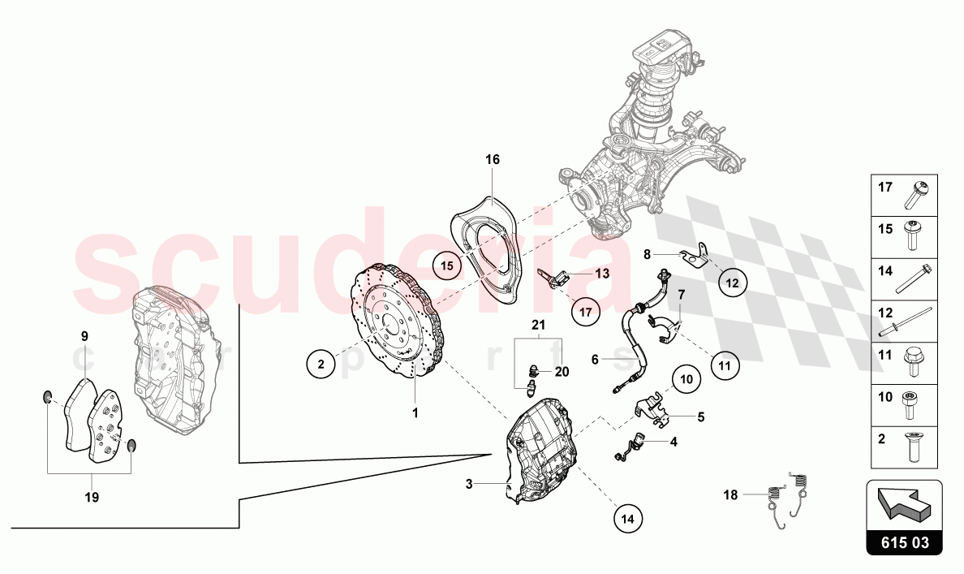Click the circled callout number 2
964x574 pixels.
pos(321,365)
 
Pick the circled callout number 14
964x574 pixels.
pos(627,517)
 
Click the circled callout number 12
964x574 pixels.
pos(732,283)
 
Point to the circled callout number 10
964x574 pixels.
pos(686,378)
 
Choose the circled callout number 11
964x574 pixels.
pos(725,365)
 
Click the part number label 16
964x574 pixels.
pos(493,160)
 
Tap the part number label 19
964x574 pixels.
pos(92,497)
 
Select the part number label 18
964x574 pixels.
pos(731,494)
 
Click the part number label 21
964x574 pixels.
pos(536,326)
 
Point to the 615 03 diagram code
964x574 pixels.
pos(904,543)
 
